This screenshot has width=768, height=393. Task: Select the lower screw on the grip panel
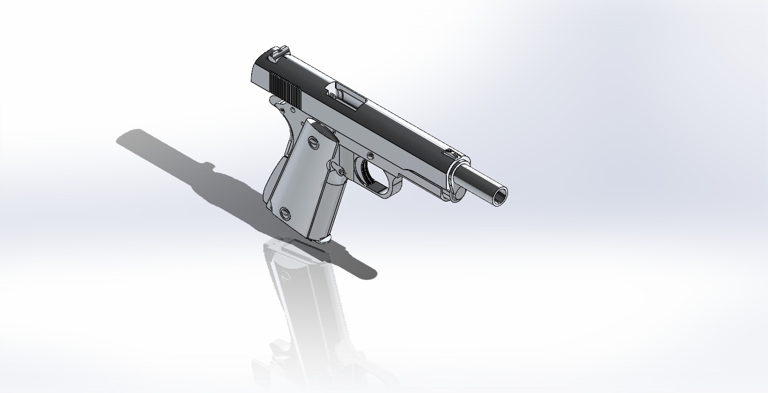click(286, 213)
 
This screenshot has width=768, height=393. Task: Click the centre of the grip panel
click(302, 179)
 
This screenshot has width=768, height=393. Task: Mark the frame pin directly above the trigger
click(370, 153)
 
